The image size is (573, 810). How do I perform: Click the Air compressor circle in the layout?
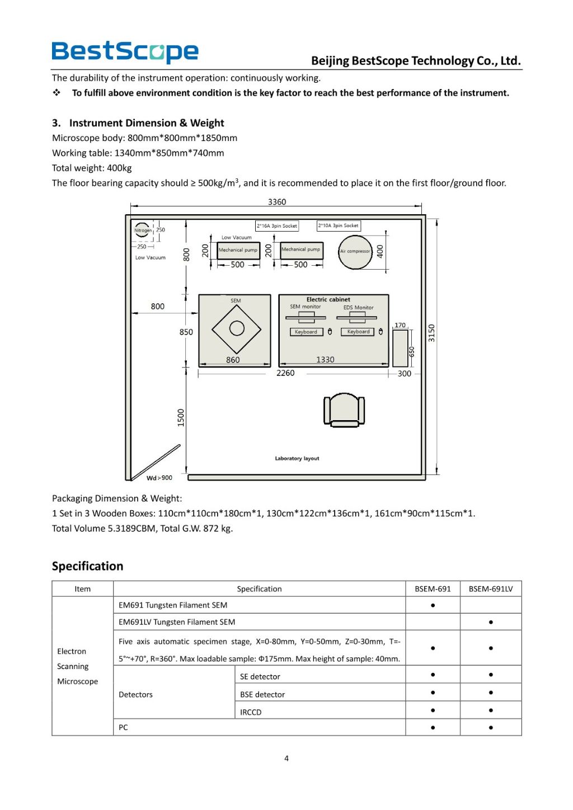pos(355,252)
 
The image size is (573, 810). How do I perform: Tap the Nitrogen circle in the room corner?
pos(143,230)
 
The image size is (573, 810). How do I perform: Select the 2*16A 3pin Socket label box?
pos(277,226)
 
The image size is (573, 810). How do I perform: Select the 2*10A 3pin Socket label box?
pos(339,225)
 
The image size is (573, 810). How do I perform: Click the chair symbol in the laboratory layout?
pos(344,409)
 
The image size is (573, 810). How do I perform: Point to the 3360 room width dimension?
pos(276,202)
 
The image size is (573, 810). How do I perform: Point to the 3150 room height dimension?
pos(431,333)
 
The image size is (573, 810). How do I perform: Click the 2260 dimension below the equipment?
pos(285,373)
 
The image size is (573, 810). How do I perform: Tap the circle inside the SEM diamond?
pos(237,328)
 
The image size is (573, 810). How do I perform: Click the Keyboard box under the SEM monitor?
pos(306,332)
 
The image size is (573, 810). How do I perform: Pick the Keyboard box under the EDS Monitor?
pos(358,332)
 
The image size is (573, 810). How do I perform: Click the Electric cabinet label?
pos(328,299)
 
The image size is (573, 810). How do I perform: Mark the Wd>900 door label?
pos(159,478)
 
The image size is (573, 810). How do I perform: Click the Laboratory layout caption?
pos(297,458)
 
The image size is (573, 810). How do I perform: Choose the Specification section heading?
pos(87,566)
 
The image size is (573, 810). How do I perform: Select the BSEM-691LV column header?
pos(490,588)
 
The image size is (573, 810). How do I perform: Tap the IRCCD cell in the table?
pos(251,712)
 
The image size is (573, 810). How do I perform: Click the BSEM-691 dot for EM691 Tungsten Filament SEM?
pos(433,605)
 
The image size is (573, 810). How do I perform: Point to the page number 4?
pos(286,759)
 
